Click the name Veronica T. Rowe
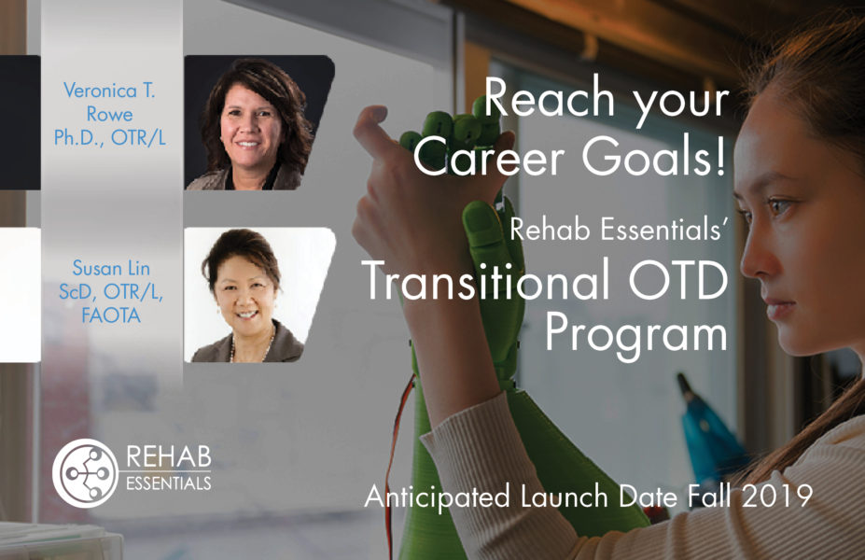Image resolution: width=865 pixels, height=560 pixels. click(x=110, y=102)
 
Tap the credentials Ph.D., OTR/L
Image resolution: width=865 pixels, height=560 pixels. click(x=110, y=137)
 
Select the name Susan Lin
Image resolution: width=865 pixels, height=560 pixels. click(x=111, y=268)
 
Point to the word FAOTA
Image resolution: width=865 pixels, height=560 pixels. click(x=111, y=315)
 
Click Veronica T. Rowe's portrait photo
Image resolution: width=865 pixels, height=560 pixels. click(x=259, y=122)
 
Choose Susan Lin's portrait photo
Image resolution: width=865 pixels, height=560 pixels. click(x=259, y=295)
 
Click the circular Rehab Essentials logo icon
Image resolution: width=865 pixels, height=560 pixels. click(x=86, y=473)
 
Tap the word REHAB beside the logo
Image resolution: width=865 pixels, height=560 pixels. click(x=169, y=457)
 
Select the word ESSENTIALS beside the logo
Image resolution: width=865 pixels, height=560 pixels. click(x=169, y=483)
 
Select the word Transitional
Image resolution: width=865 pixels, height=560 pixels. click(x=485, y=279)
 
